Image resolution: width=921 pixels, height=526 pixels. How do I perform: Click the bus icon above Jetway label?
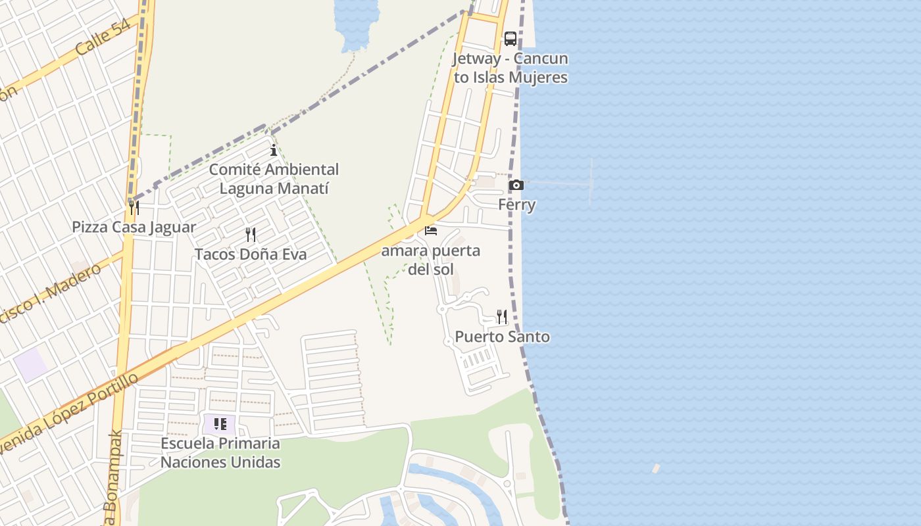coord(510,38)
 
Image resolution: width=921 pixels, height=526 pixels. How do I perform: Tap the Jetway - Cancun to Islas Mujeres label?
coord(510,68)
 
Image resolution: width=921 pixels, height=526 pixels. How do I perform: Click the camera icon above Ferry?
coord(516,185)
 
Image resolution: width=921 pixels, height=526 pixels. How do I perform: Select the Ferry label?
coord(516,204)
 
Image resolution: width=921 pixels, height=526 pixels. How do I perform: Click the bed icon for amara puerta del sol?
coord(431,231)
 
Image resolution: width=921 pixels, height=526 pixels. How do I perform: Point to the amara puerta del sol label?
coord(431,260)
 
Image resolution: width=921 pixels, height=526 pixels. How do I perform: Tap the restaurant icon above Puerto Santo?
coord(502,317)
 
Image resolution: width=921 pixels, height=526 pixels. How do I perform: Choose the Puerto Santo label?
coord(502,337)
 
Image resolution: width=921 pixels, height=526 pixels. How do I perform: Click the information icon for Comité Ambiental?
coord(274,151)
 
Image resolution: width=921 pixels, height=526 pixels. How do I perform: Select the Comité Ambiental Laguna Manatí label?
coord(274,179)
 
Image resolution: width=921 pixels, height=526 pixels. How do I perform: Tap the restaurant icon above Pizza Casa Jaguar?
coord(134,208)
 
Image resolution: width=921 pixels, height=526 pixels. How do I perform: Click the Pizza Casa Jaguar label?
coord(134,227)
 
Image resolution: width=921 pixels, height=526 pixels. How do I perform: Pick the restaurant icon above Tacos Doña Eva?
coord(250,235)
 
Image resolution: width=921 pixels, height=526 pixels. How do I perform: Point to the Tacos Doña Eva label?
coord(250,254)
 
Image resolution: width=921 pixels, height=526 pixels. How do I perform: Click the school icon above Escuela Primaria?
coord(220,424)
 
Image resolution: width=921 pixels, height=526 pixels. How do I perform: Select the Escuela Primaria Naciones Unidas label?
coord(220,452)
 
